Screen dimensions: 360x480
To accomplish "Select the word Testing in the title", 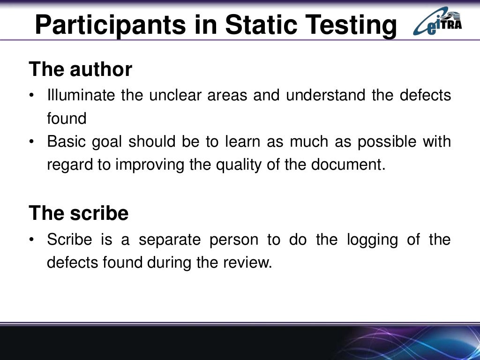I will click(354, 25).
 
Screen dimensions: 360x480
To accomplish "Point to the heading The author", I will click(80, 69).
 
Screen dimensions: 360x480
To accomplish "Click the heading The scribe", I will click(78, 213).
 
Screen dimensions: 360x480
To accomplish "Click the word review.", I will click(248, 262).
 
